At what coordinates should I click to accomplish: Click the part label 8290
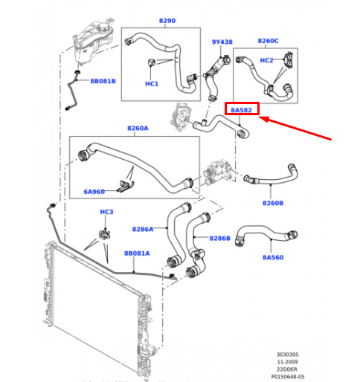coord(167,21)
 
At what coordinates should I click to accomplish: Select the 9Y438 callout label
coord(222,42)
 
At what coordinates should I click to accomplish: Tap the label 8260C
coord(268,41)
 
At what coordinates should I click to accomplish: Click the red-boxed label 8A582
coord(241,110)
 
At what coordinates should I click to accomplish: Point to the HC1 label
coord(152,84)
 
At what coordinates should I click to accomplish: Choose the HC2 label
coord(266,60)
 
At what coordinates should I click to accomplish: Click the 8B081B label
coord(103,81)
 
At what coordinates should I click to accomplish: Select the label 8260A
coord(138,128)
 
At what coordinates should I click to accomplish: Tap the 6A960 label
coord(94,192)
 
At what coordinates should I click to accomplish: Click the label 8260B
coord(273,203)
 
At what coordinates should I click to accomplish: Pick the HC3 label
coord(106,212)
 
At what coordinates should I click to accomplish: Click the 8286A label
coord(143,229)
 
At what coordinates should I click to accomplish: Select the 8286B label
coord(220,238)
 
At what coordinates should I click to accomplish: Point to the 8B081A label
coord(137,253)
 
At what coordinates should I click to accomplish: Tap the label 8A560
coord(273,257)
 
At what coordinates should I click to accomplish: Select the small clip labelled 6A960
coord(126,186)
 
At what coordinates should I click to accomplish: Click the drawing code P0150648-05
coord(288,377)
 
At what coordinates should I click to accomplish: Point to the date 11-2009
coord(287,362)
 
